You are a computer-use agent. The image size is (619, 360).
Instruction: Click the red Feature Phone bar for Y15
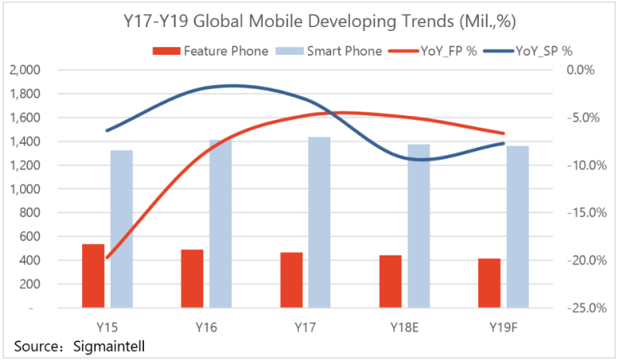[x=93, y=276]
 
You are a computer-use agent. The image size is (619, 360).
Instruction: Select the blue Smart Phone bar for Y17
[x=320, y=222]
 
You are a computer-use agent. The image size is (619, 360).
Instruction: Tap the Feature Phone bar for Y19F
[x=489, y=283]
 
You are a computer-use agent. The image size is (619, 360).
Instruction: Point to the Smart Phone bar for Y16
[x=221, y=224]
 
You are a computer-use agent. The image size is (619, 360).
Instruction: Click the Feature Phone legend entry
[x=211, y=51]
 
